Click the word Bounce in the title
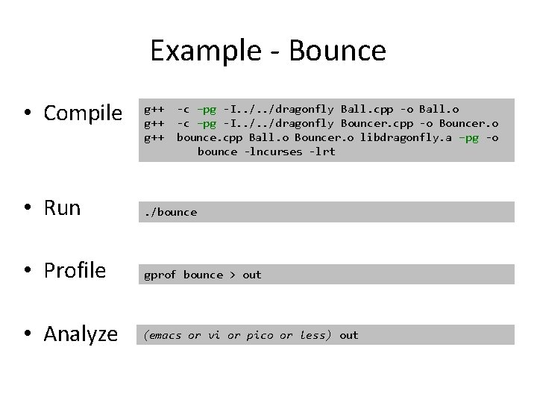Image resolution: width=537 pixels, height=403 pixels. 336,51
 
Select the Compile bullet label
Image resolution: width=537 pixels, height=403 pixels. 83,113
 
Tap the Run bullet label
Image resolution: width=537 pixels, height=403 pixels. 62,207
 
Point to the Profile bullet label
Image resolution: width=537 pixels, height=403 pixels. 75,270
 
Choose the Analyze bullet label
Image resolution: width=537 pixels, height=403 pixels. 81,334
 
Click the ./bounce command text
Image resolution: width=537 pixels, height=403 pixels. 171,212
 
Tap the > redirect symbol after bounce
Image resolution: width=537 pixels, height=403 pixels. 233,275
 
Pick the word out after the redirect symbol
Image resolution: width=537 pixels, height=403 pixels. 252,275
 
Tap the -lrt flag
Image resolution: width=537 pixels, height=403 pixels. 321,151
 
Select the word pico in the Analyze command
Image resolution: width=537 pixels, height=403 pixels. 259,335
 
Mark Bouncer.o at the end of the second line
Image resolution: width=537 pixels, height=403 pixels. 468,123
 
